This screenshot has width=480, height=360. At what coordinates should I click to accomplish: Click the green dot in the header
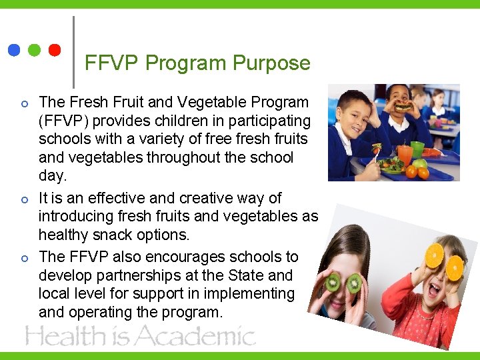(35, 50)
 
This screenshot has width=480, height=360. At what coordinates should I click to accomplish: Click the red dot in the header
(55, 50)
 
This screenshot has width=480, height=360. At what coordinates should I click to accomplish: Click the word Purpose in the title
(271, 63)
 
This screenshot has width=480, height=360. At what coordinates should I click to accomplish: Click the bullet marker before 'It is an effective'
(24, 199)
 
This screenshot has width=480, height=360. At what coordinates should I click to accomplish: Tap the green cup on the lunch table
(417, 148)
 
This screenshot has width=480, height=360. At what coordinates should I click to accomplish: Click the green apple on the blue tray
(420, 164)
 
